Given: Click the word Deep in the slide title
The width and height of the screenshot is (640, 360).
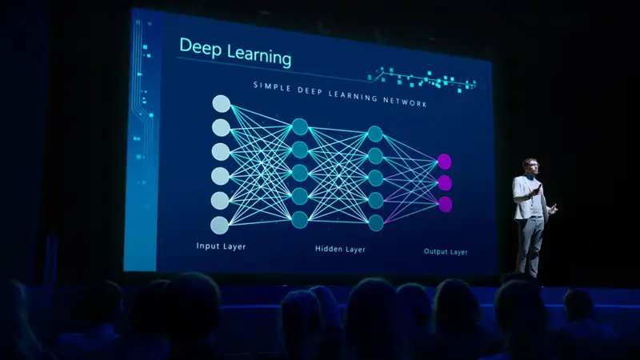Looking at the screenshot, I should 199,48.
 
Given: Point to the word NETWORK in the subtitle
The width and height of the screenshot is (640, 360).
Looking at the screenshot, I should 404,103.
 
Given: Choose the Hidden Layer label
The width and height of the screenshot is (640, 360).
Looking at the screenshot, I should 339,249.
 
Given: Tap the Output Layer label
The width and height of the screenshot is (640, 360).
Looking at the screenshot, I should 446,251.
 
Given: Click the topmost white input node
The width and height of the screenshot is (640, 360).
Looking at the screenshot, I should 221,103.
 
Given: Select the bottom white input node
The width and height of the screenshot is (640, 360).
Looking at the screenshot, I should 220,225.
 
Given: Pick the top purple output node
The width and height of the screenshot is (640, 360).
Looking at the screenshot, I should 444,162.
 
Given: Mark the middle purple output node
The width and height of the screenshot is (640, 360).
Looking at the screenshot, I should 445,183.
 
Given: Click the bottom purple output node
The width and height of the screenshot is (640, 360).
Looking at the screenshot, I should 445,204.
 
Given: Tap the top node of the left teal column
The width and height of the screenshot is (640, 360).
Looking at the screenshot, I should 300,126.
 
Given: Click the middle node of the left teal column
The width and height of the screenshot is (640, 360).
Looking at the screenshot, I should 300,173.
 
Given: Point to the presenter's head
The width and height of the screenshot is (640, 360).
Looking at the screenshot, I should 530,166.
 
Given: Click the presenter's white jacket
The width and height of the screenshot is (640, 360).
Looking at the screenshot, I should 526,197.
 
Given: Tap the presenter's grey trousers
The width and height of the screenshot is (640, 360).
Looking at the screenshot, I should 529,244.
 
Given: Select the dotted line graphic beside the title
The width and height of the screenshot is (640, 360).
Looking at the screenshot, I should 424,78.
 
